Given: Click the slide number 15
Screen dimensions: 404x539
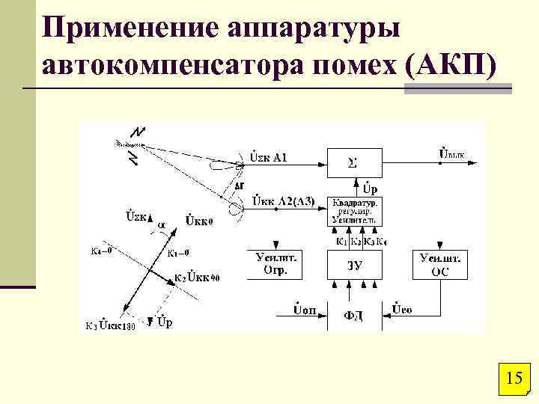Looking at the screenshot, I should click(514, 378).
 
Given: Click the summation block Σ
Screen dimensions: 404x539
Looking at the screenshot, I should click(354, 162).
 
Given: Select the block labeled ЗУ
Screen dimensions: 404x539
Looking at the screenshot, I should click(354, 264).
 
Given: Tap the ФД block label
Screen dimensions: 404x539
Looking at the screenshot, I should click(354, 316).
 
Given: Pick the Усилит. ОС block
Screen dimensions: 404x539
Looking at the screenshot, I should click(440, 264).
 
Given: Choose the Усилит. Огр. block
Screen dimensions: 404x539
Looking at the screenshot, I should click(270, 264).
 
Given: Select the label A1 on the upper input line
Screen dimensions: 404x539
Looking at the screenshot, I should click(281, 157).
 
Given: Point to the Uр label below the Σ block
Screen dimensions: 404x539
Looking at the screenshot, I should click(370, 184).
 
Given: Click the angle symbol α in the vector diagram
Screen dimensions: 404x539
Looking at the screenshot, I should click(162, 222).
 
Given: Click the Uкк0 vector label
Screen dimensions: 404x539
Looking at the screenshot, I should click(200, 221).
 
